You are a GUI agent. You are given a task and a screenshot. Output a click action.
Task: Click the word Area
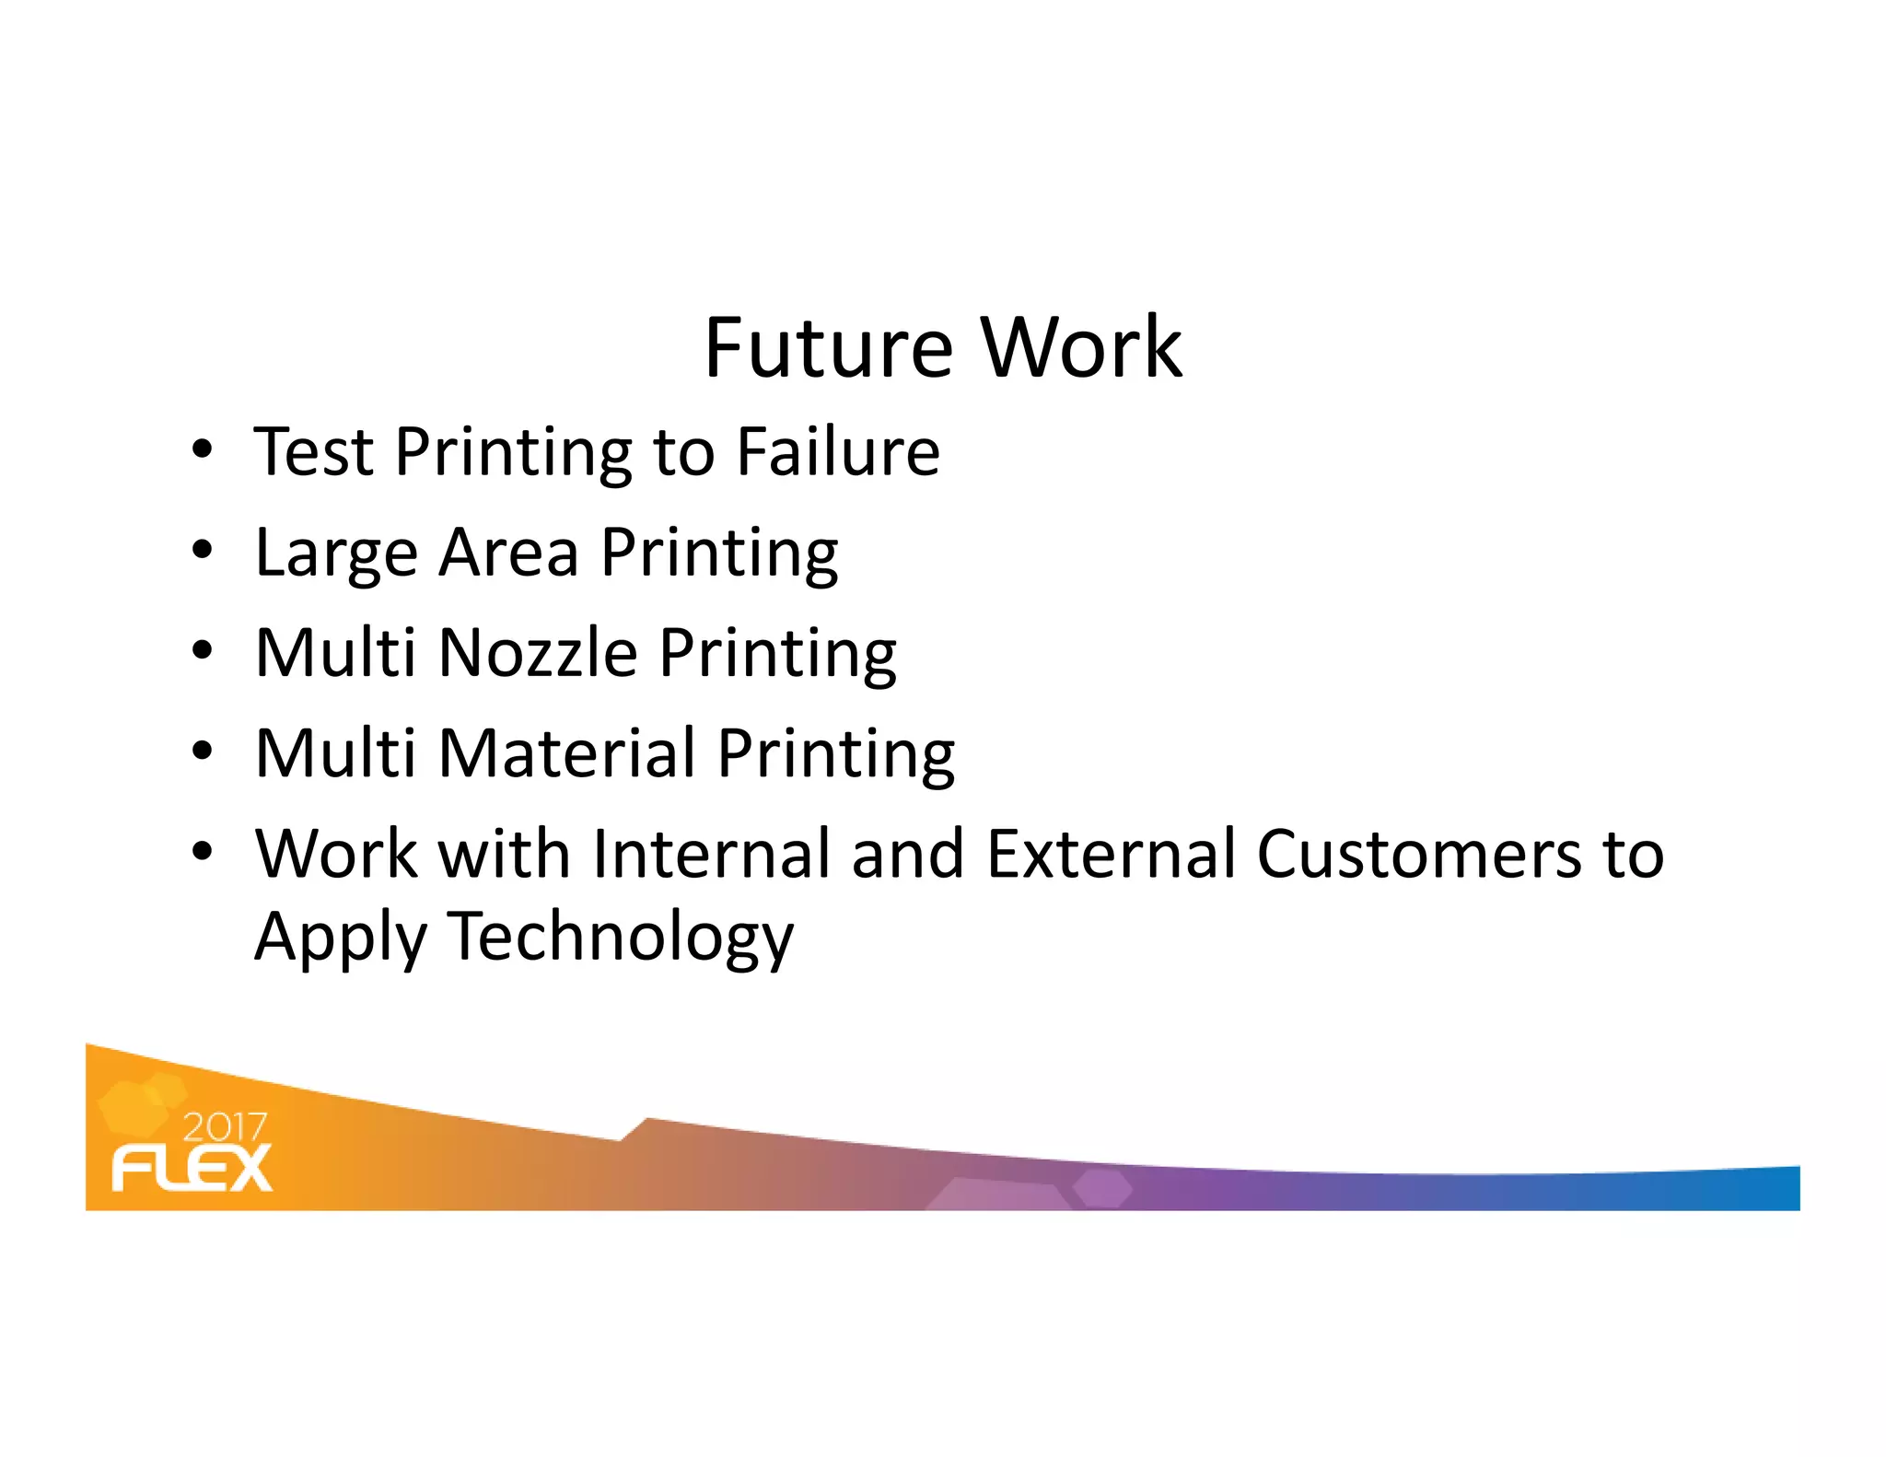(509, 553)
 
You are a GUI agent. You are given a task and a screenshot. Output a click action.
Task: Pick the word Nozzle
(538, 653)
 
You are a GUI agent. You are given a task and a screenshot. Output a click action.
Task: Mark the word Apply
(340, 938)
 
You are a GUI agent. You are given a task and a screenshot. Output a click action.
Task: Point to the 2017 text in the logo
(225, 1127)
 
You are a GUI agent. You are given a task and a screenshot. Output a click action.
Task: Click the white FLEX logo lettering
(192, 1168)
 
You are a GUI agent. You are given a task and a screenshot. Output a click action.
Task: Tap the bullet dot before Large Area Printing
(202, 551)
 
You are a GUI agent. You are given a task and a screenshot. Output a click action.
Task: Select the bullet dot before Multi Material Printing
(202, 751)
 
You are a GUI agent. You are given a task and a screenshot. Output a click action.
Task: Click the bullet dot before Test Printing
(202, 449)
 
